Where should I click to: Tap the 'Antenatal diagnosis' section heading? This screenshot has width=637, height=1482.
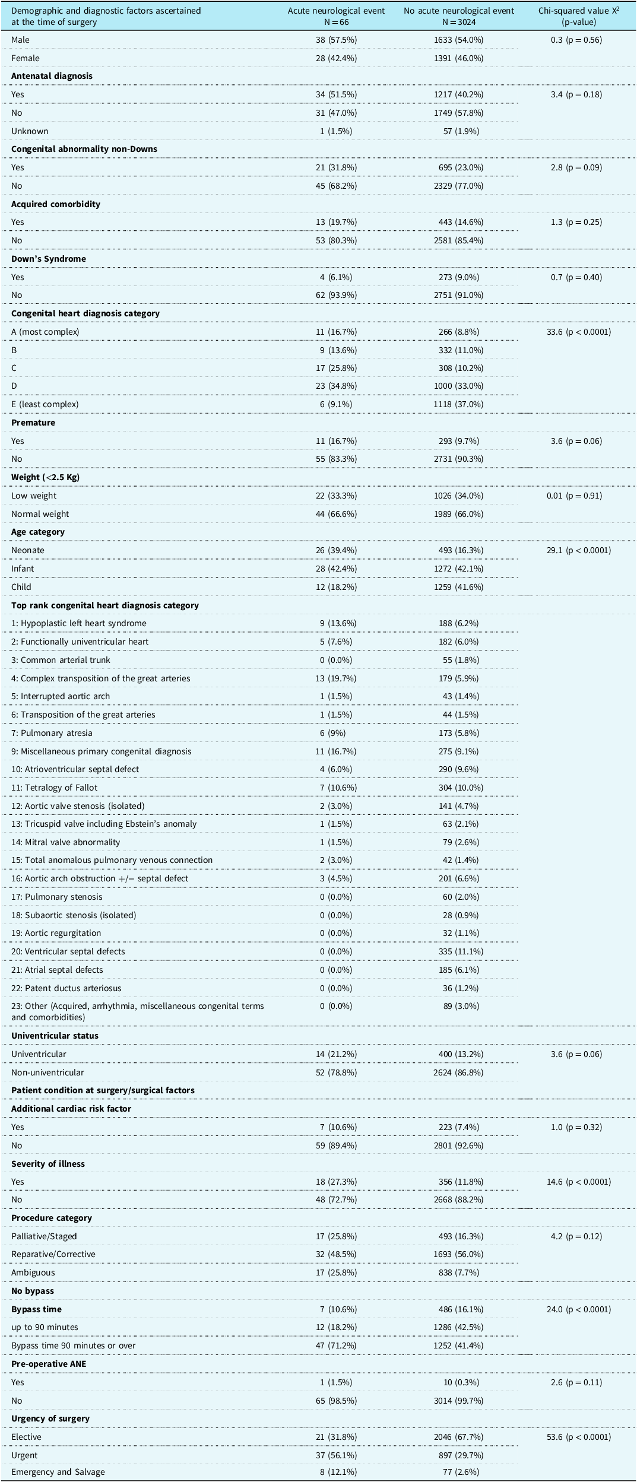coord(52,76)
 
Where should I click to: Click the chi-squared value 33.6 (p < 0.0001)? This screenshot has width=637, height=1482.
coord(578,332)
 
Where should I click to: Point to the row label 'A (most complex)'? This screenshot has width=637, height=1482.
coord(45,332)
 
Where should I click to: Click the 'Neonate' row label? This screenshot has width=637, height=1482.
coord(28,550)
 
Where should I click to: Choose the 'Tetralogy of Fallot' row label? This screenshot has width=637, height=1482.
coord(55,788)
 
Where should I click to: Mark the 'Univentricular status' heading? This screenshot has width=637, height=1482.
coord(55,1036)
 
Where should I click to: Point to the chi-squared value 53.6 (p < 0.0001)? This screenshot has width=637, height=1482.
coord(578,1437)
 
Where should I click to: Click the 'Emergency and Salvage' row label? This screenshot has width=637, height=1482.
coord(58,1472)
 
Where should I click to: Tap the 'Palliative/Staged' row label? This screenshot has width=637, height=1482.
coord(44,1236)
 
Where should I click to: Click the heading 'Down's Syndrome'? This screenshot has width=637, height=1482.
coord(49,259)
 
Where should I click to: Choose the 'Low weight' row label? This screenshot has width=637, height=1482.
coord(34,496)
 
